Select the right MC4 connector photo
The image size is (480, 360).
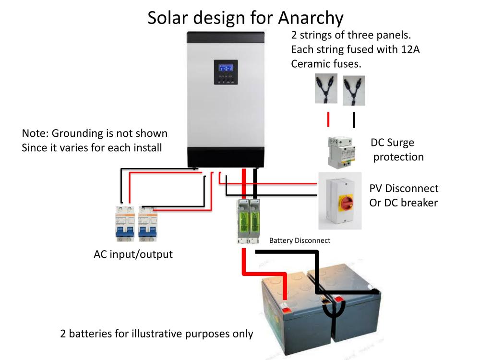[x=354, y=90]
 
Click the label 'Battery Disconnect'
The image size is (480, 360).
[x=300, y=240]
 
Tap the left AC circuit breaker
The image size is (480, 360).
[x=125, y=224]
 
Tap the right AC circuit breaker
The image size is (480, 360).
[x=148, y=224]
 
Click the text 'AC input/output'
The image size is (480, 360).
[x=133, y=254]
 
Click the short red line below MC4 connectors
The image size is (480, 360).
[x=329, y=119]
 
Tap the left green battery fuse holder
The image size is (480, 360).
[x=242, y=222]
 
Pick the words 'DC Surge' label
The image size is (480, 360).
[x=392, y=143]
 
